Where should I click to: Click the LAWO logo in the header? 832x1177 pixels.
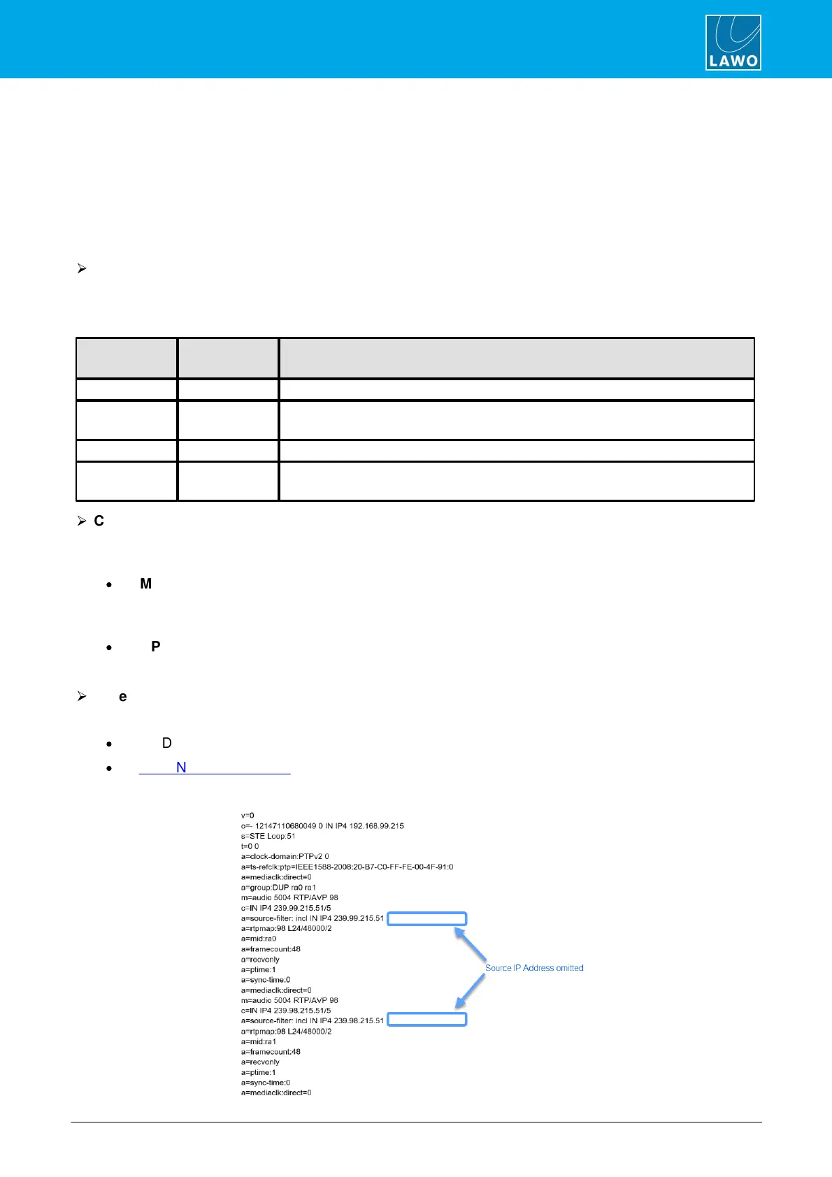733,43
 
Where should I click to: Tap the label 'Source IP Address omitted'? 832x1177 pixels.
534,968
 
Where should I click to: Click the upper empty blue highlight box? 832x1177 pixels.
426,918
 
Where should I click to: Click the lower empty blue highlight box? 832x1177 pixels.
426,1020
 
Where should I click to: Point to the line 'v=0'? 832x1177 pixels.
248,816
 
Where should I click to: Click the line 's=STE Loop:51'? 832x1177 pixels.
268,836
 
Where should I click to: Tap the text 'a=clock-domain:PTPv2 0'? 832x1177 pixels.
285,856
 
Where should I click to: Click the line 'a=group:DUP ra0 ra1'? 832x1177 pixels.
278,888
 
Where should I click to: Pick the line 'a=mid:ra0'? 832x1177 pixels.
259,939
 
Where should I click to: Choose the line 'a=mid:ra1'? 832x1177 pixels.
259,1041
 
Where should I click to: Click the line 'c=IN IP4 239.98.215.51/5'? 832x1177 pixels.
286,1011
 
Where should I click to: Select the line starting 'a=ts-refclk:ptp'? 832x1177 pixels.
347,867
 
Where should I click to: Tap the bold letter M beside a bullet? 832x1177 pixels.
145,584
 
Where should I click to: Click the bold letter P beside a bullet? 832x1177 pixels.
156,647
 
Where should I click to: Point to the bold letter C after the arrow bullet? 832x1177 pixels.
99,521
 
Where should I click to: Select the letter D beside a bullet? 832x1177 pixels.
167,743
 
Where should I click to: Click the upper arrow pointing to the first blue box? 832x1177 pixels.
471,944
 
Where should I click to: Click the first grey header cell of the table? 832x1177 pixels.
127,359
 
